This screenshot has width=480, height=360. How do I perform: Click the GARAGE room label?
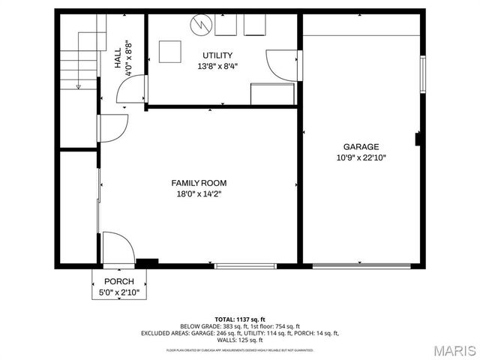(361, 147)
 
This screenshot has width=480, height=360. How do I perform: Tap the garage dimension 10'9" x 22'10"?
(361, 157)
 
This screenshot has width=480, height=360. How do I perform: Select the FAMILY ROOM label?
(199, 183)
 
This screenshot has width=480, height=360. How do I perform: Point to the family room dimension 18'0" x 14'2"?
(199, 193)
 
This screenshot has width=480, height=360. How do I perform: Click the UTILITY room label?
(217, 55)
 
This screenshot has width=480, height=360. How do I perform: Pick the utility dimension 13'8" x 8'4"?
(217, 66)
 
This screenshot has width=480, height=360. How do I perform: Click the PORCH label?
(119, 281)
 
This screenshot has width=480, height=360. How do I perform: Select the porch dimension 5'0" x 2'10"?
(119, 292)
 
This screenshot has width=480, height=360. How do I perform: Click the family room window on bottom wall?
(245, 265)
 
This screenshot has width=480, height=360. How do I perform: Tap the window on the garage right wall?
(423, 73)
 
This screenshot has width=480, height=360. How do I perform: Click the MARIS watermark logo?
(448, 350)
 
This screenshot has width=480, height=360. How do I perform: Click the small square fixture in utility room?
(170, 51)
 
